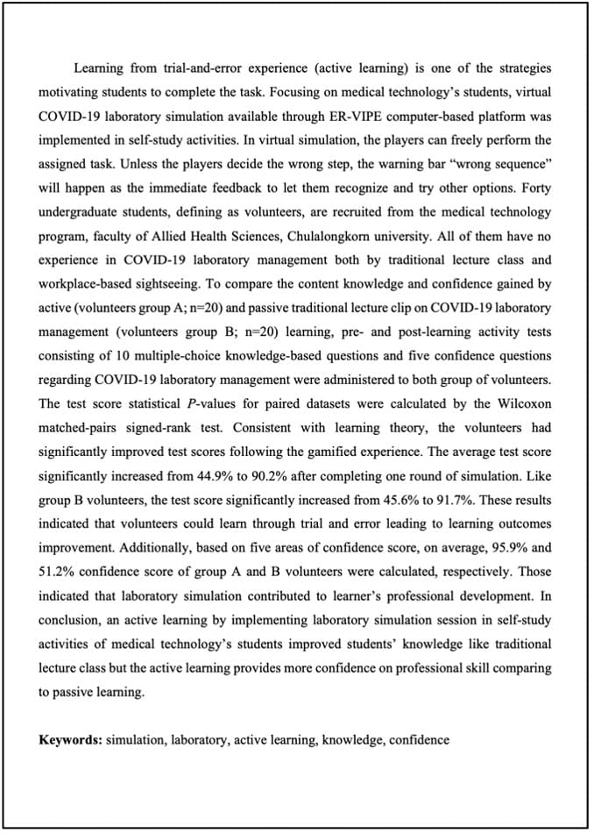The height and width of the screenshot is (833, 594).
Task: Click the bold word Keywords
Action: pos(70,739)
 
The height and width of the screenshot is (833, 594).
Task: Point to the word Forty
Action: pos(535,188)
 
